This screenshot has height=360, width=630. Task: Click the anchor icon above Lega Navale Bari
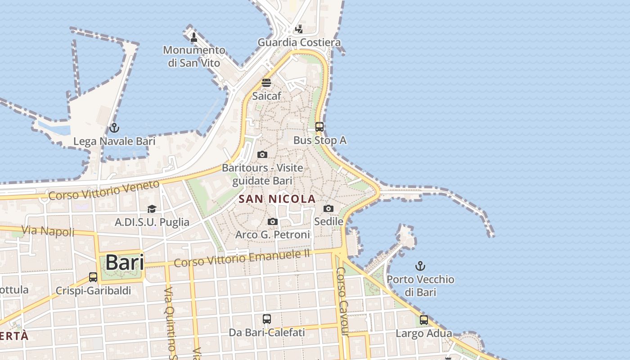point(114,128)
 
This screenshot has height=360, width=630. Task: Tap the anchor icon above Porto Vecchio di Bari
point(420,266)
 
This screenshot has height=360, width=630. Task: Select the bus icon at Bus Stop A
point(319,127)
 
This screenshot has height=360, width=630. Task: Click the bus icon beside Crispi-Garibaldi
point(93,277)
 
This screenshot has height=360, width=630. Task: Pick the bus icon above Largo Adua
point(424,320)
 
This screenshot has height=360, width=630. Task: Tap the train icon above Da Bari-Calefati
point(267,319)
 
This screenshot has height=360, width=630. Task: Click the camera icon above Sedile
point(328,208)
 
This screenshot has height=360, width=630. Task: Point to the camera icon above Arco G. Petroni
point(272,221)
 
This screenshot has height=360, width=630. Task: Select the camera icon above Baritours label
point(262,154)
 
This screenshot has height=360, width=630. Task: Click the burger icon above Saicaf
point(266,83)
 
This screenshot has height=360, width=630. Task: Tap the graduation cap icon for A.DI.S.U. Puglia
point(152,209)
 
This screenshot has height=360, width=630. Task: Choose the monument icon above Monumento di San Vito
point(194,37)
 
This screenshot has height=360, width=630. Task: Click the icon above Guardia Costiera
point(299,29)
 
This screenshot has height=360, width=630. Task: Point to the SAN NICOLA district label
point(277,198)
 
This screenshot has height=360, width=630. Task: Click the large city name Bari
point(125,262)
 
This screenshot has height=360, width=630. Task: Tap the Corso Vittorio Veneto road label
point(104,190)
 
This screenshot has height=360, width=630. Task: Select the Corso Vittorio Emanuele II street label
point(242,258)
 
